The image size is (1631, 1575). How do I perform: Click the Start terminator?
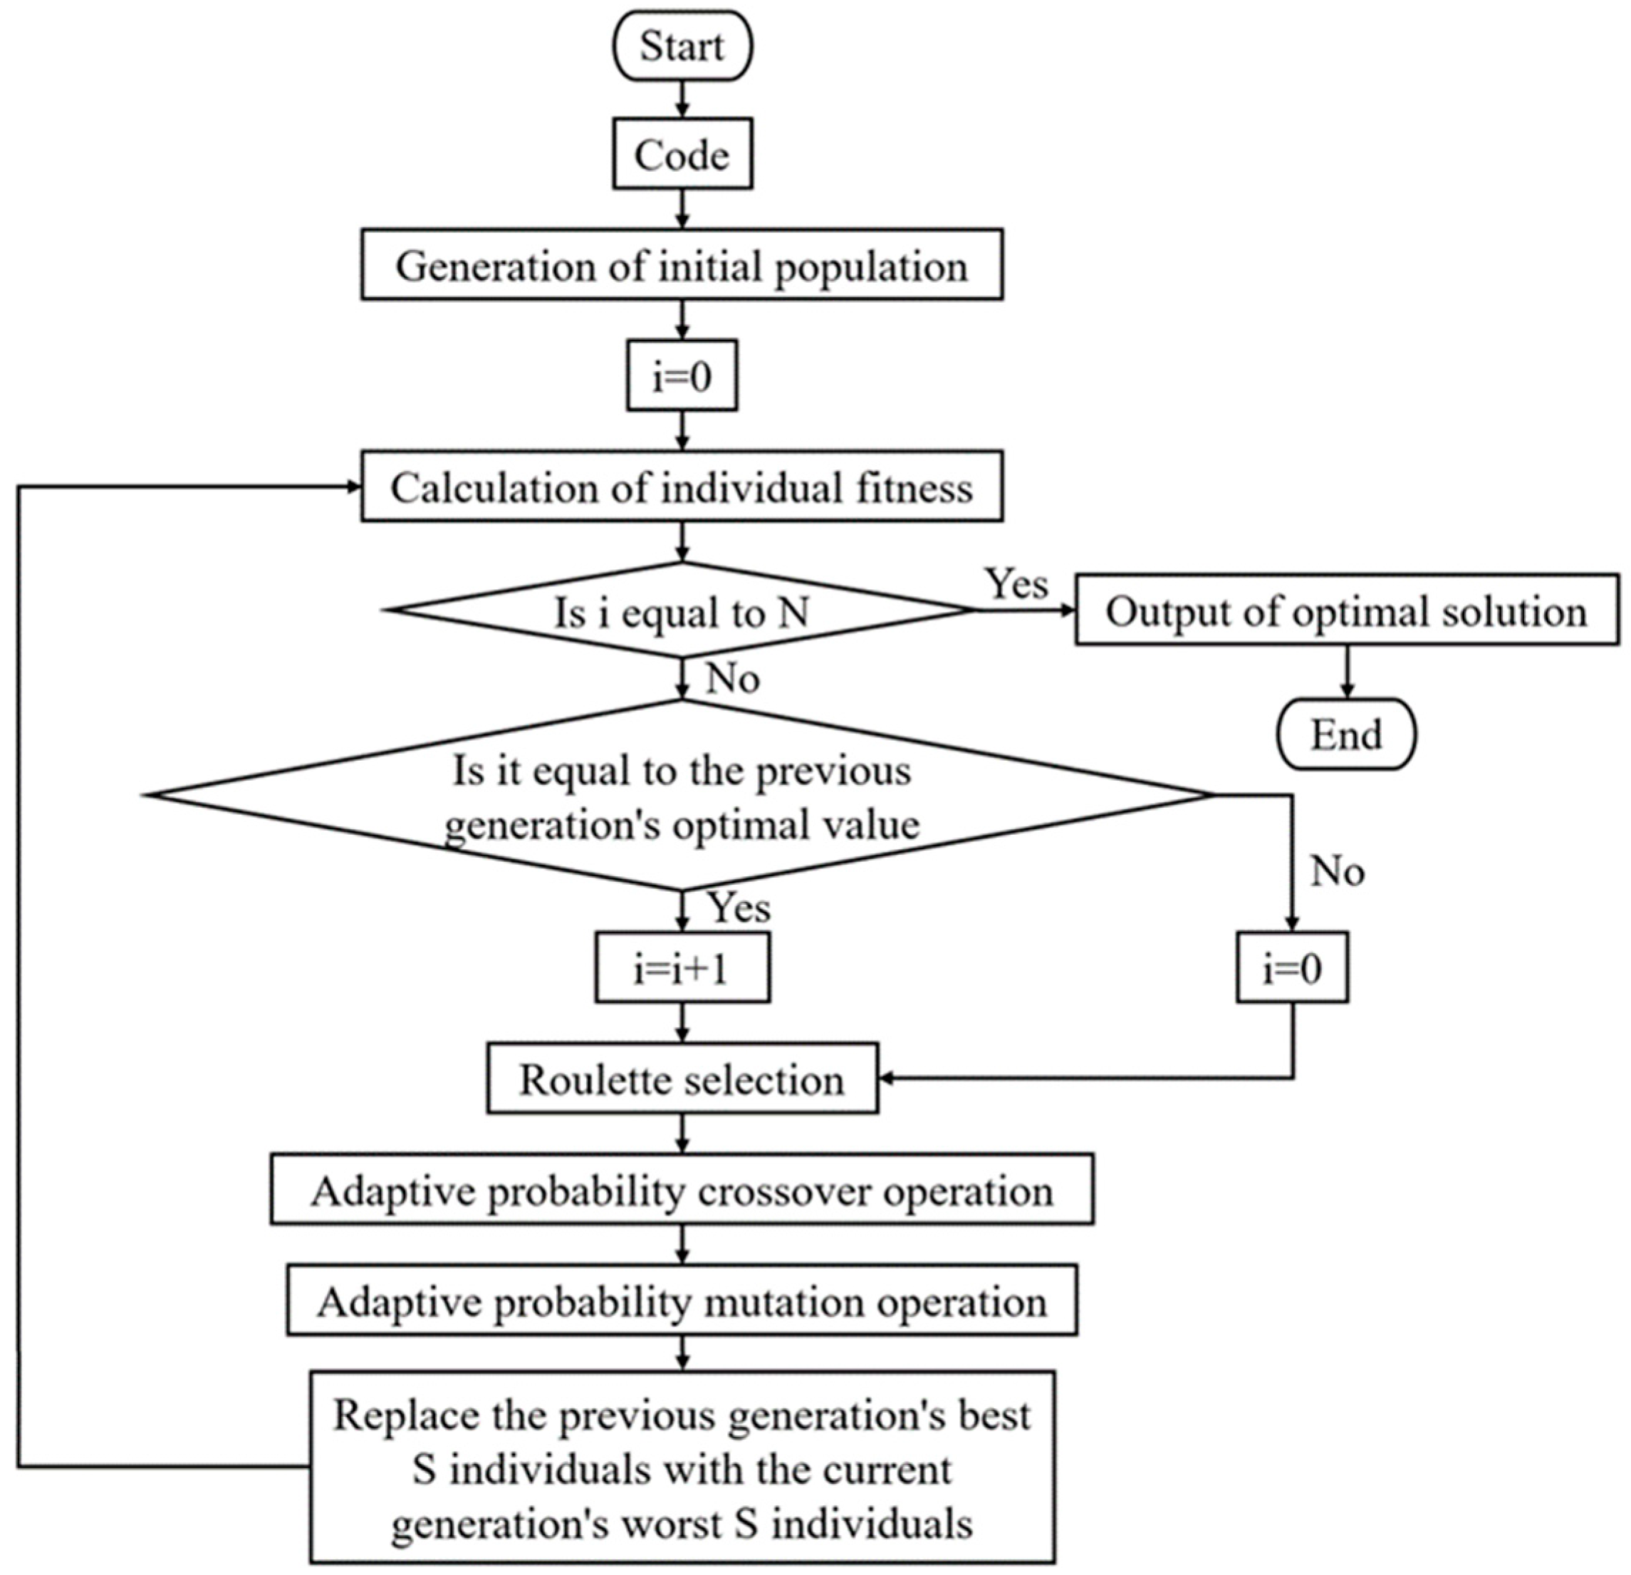point(682,46)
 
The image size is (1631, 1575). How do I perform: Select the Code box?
point(682,154)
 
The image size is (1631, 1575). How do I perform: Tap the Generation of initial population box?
point(682,266)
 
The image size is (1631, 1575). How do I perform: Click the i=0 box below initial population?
point(682,375)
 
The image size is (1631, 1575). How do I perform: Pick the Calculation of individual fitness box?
point(682,487)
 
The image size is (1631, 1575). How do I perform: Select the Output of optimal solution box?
point(1345,610)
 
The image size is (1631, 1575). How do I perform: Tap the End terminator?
point(1345,734)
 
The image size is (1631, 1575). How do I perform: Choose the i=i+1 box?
point(682,967)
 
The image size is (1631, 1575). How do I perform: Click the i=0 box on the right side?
point(1291,967)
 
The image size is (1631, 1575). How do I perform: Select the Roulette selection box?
point(682,1079)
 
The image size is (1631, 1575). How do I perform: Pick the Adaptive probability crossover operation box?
point(682,1190)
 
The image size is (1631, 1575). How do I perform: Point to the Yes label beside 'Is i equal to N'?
point(1016,583)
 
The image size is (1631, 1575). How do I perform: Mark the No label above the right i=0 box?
point(1338,872)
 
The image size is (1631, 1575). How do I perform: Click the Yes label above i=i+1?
point(739,908)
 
